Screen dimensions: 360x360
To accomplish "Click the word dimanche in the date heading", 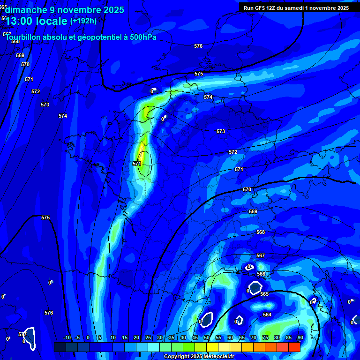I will pos(26,10).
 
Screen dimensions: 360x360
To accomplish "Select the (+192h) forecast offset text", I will pos(83,21).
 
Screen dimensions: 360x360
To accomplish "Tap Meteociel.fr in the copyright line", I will pos(218,357).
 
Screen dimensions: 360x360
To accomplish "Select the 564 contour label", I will pos(267,315).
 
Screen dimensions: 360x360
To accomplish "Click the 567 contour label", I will pos(261,255).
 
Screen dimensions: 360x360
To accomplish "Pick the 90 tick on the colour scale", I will pos(300,337).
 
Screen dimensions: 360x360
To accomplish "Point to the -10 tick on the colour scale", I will pos(67,337).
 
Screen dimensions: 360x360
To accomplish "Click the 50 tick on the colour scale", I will pos(206,337).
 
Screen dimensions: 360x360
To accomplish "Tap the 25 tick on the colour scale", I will pos(148,337).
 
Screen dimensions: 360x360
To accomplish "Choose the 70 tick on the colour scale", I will pos(253,337).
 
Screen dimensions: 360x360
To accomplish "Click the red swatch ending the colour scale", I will pos(294,347).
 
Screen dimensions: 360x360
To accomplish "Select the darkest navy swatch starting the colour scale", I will pos(60,347).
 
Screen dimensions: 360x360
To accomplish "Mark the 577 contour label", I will pos(22,334).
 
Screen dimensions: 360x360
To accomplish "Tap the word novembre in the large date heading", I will pos(79,10).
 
